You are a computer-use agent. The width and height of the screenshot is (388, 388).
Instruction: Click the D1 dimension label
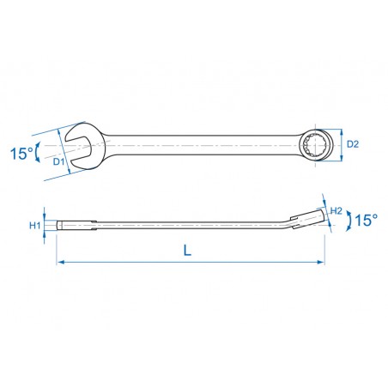(58, 161)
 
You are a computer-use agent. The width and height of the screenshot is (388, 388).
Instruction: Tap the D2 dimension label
(353, 144)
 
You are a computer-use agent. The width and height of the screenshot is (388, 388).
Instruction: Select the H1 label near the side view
(35, 226)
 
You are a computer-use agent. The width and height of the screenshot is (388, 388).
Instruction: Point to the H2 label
(336, 211)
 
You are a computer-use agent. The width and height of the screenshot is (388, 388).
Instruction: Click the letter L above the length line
(187, 251)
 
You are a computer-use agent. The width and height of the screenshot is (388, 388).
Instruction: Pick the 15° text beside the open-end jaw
(21, 154)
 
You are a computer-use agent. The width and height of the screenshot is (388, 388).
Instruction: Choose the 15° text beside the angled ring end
(367, 220)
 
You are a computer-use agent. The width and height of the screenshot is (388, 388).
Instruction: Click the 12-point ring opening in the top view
(315, 145)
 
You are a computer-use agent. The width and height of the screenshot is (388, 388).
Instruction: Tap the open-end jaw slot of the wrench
(78, 149)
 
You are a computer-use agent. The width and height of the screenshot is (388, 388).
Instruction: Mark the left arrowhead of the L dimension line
(59, 262)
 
